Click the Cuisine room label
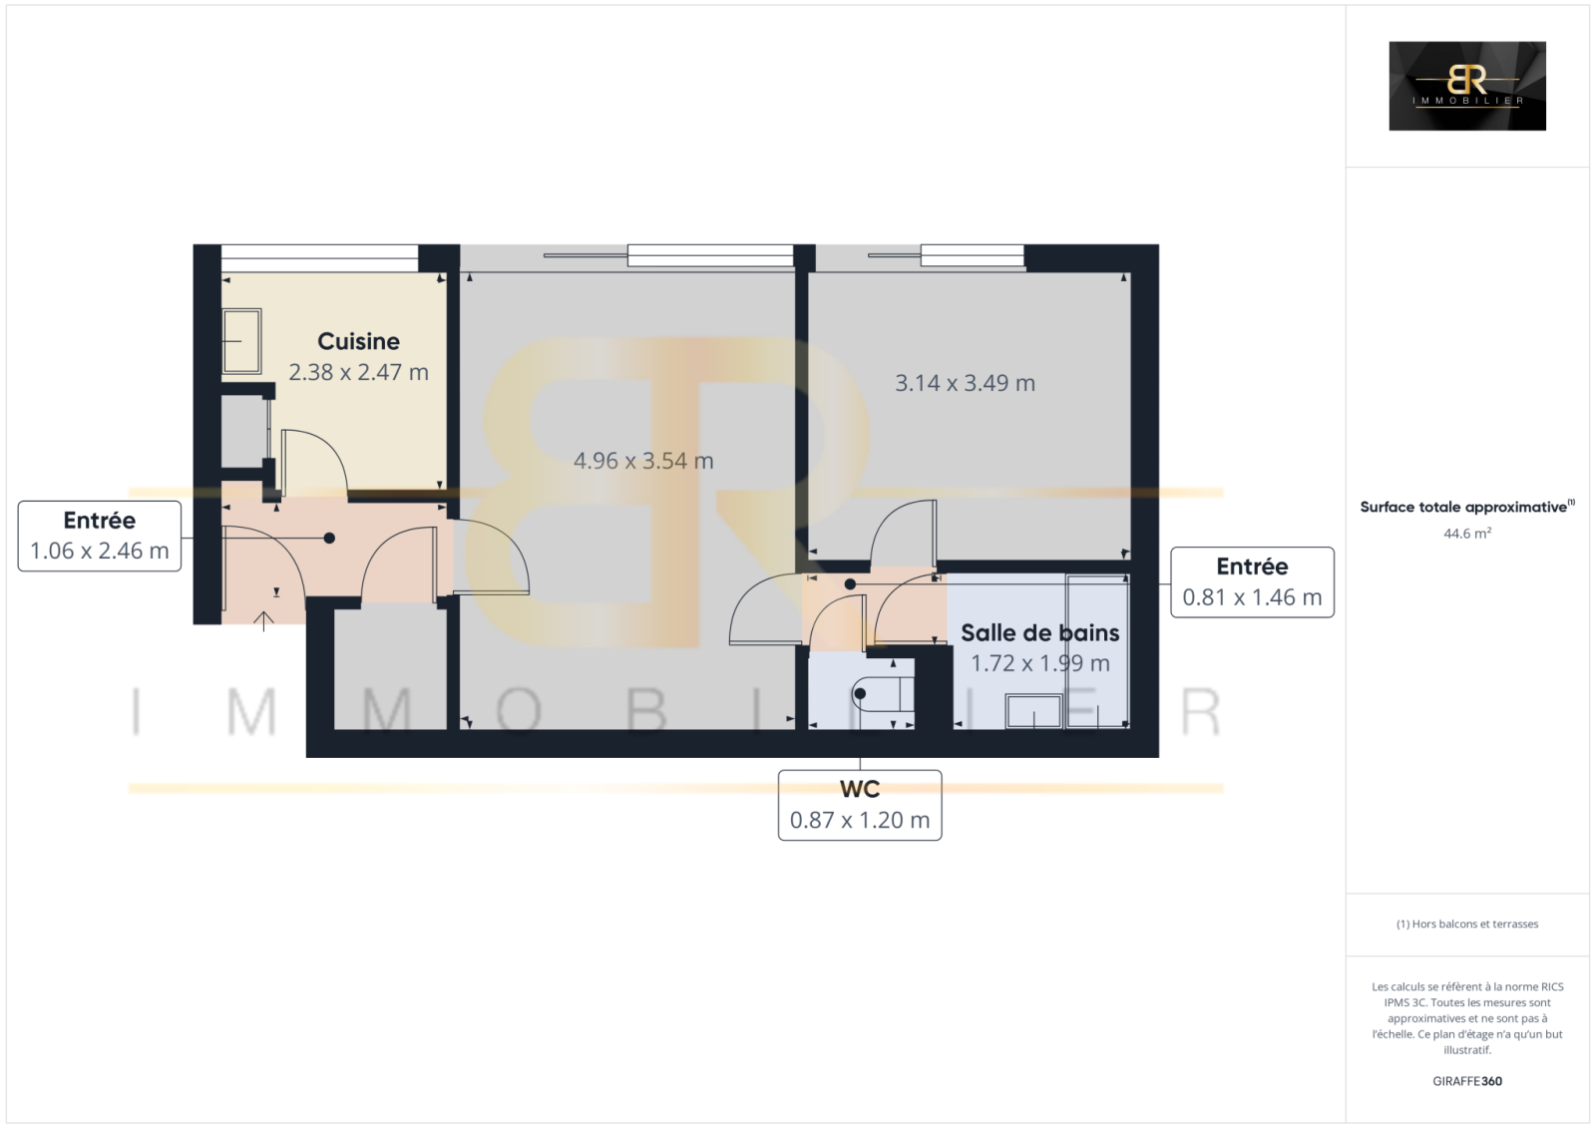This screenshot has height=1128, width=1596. [358, 341]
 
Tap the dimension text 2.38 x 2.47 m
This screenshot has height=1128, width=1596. [358, 372]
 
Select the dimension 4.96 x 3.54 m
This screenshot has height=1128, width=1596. [643, 461]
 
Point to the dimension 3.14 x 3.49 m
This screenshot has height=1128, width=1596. [965, 383]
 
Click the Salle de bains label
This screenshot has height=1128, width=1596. [1039, 632]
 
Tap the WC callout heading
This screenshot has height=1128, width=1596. [859, 789]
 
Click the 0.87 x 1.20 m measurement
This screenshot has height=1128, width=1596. [859, 820]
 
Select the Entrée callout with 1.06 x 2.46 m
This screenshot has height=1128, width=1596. [100, 536]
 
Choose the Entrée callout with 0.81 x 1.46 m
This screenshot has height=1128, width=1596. [1252, 582]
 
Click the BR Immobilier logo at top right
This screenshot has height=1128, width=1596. [1467, 86]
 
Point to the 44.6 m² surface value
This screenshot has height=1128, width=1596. [1467, 533]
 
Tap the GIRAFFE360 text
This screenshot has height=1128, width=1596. [1467, 1081]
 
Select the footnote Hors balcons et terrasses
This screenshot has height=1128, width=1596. [1467, 924]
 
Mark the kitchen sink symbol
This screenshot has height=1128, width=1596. [241, 341]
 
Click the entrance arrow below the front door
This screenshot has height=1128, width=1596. [263, 620]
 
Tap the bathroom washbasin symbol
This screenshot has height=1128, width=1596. [1034, 711]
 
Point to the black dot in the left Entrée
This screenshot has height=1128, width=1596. [329, 538]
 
